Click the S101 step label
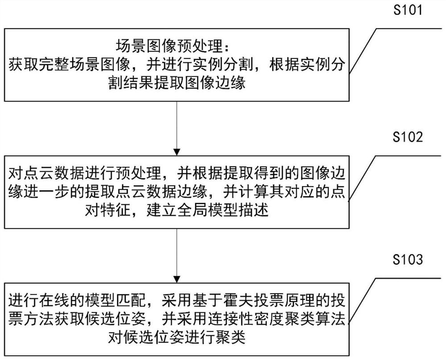(x=407, y=11)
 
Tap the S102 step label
(x=407, y=137)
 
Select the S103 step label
(x=407, y=260)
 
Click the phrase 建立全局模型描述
(x=207, y=211)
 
